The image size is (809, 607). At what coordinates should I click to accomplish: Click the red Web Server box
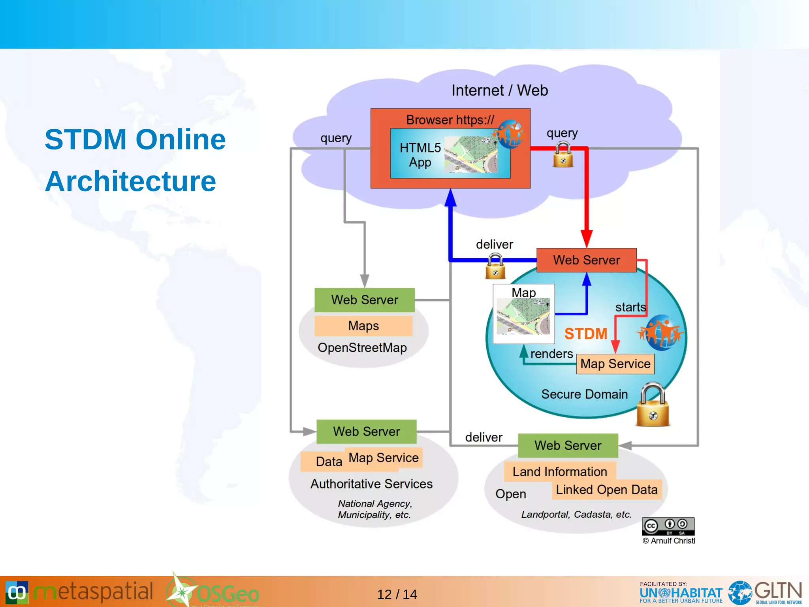tap(586, 260)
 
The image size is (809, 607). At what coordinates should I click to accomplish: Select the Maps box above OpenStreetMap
tap(363, 326)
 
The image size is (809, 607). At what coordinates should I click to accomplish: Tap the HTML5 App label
tap(420, 155)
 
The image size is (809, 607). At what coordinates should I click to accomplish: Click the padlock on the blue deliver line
tap(495, 266)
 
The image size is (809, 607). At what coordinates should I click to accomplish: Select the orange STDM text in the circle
tap(585, 334)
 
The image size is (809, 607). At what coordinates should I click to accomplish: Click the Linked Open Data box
tap(606, 490)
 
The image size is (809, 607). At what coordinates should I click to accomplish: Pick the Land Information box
tap(560, 471)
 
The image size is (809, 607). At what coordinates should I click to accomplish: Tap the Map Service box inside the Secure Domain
tap(615, 364)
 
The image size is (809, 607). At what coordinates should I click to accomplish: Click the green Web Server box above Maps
tap(364, 300)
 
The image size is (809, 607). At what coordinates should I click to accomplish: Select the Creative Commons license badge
tap(668, 526)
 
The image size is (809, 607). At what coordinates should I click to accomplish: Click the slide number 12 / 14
tap(397, 594)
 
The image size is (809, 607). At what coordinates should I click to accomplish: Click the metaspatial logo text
tap(93, 592)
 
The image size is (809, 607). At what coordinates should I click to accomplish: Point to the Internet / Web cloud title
tap(499, 90)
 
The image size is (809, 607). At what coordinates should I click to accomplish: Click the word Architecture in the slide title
tap(130, 181)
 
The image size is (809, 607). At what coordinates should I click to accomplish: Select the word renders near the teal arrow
tap(551, 354)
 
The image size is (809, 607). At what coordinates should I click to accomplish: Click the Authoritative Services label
tap(371, 484)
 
